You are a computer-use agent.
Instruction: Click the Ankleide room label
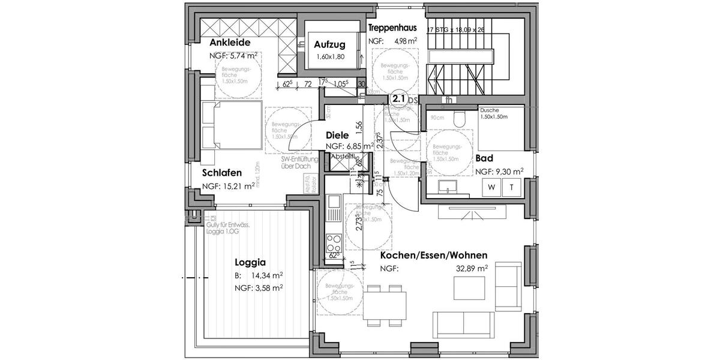coord(230,43)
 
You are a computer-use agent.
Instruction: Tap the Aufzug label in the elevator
coord(329,45)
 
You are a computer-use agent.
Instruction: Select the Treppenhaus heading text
coord(392,28)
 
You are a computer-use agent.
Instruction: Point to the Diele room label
coord(338,135)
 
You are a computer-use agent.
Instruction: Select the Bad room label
coord(484,158)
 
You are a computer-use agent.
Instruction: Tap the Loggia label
coord(250,262)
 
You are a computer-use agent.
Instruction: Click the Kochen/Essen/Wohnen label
coord(433,255)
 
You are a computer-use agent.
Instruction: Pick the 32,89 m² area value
coord(474,269)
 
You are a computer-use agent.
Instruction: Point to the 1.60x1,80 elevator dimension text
coord(331,57)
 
